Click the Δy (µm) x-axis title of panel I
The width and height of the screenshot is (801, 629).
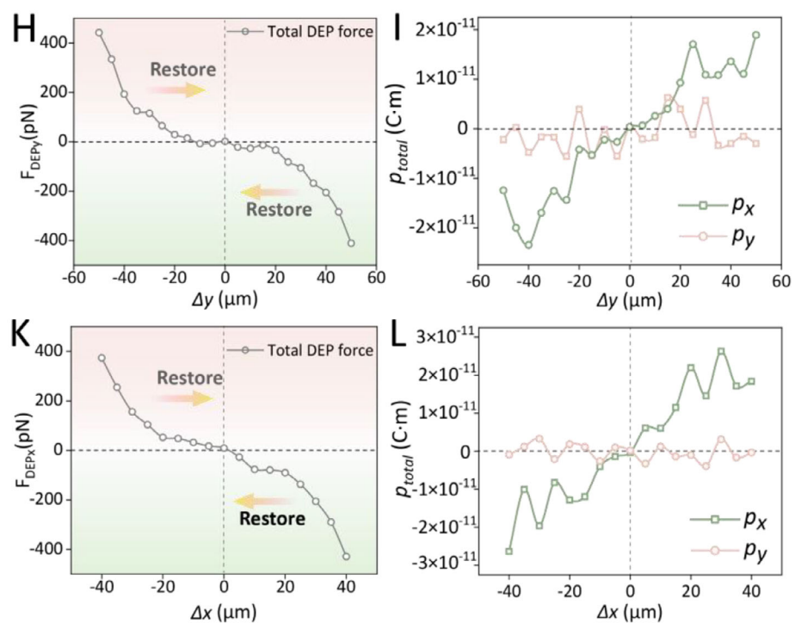pos(630,300)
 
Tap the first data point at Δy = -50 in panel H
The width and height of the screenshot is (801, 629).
pos(99,33)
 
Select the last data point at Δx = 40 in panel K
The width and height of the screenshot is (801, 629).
pos(347,556)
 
